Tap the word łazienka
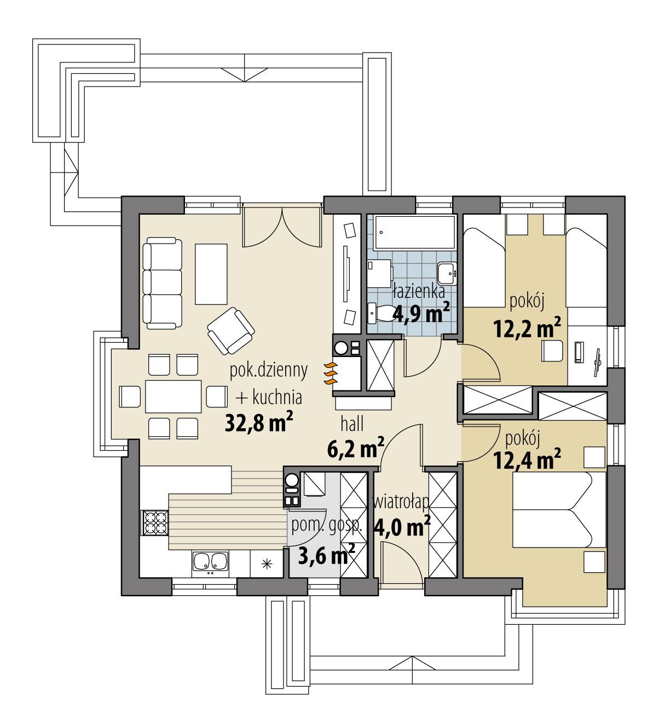pyautogui.click(x=418, y=292)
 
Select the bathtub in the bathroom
pyautogui.click(x=415, y=232)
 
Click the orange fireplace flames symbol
pyautogui.click(x=330, y=374)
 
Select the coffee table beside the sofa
pyautogui.click(x=212, y=274)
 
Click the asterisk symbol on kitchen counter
pyautogui.click(x=267, y=563)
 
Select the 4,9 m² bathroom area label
pyautogui.click(x=421, y=315)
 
